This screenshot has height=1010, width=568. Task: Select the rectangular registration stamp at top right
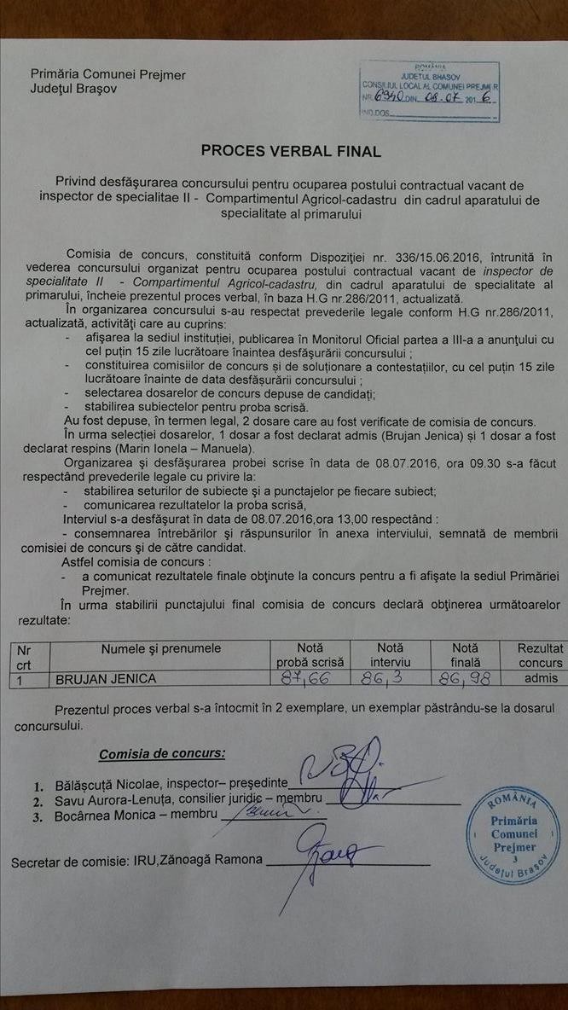click(429, 91)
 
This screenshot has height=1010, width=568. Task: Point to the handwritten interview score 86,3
click(390, 679)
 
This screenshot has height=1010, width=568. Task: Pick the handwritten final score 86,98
click(465, 679)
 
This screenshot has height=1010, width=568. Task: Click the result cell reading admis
click(541, 679)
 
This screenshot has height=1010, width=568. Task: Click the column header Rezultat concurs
click(540, 655)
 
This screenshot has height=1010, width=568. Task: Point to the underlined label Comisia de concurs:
click(162, 754)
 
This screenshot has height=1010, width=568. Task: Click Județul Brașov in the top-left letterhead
click(74, 89)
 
